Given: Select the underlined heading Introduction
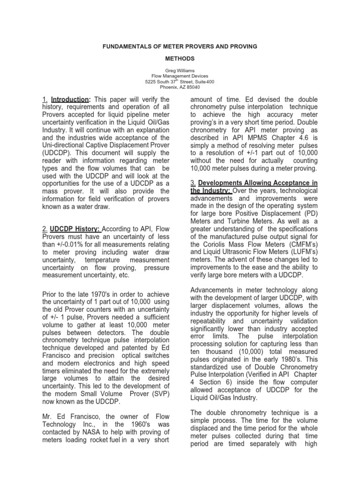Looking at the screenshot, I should click(x=70, y=100).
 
